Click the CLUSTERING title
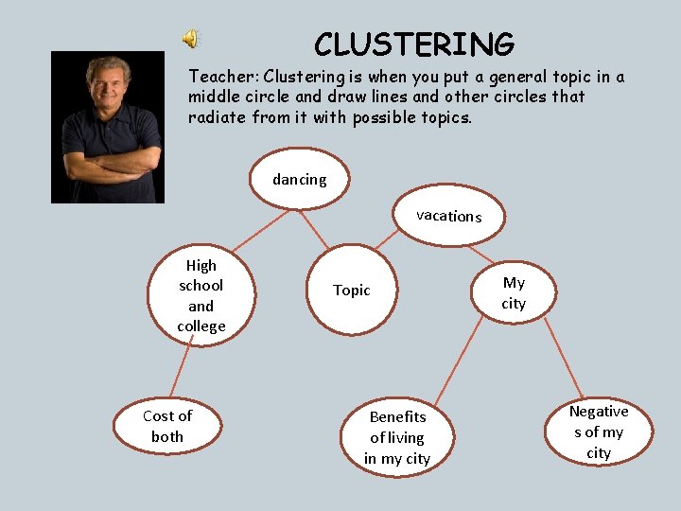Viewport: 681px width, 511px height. (x=414, y=44)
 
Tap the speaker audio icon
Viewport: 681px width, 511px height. (x=191, y=39)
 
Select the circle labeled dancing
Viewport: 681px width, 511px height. (x=299, y=179)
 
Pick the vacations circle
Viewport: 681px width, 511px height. (x=449, y=216)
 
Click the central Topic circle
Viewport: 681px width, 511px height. (x=351, y=291)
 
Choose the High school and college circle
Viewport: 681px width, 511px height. (x=201, y=295)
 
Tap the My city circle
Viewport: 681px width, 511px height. (x=514, y=292)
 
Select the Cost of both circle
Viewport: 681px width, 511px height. (x=167, y=426)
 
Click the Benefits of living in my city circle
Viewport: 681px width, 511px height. (x=397, y=437)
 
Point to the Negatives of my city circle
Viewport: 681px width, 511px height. (x=598, y=432)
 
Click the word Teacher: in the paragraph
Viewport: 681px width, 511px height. (x=223, y=77)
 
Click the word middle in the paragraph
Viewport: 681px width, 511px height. (x=216, y=97)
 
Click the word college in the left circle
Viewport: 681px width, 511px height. (x=201, y=326)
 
